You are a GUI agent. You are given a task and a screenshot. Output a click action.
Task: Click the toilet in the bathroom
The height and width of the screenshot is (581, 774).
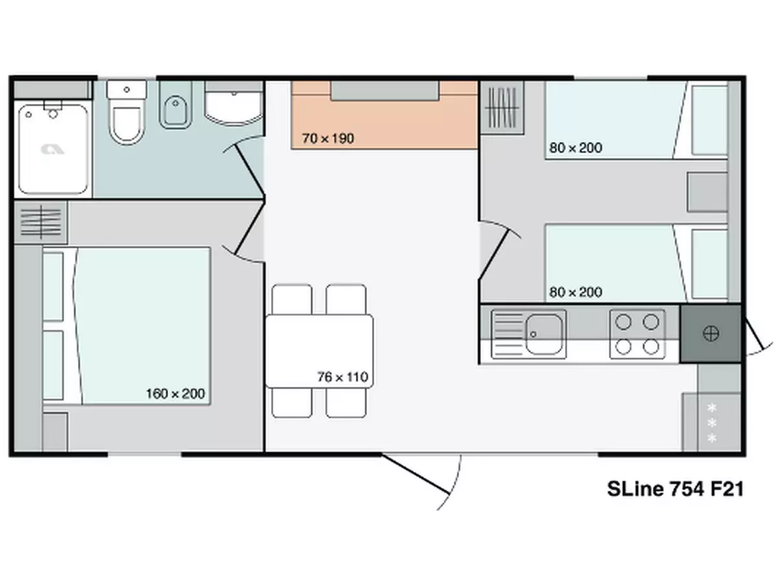click(x=126, y=112)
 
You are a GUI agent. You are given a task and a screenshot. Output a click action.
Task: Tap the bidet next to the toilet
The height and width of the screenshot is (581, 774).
click(x=175, y=105)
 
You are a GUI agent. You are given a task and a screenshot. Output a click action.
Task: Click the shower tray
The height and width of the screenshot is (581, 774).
click(x=53, y=148)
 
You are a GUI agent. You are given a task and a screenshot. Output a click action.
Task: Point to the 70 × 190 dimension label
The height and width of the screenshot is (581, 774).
click(x=328, y=138)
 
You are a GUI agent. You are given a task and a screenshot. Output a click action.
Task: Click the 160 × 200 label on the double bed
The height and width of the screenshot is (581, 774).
click(x=175, y=393)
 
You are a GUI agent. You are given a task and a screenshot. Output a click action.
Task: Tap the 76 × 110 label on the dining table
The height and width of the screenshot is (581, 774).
click(x=342, y=377)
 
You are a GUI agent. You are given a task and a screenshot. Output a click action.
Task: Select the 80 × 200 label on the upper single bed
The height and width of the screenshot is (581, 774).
click(x=575, y=147)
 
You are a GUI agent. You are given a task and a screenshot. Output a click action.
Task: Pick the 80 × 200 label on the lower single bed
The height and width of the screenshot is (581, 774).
click(x=575, y=292)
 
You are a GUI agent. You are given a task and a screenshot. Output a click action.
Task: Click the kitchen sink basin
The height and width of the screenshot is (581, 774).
click(x=543, y=334)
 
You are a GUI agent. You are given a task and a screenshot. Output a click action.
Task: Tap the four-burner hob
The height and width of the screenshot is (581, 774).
click(x=637, y=334)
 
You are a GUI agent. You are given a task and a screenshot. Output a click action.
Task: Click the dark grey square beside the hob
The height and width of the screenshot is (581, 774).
click(x=711, y=333)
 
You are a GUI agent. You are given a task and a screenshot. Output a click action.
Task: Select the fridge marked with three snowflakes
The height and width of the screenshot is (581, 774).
click(x=711, y=422)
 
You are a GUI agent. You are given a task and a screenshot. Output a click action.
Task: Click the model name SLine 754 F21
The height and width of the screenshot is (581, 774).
click(x=675, y=489)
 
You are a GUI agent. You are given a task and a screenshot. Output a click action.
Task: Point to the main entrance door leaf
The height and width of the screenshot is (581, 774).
click(x=416, y=474)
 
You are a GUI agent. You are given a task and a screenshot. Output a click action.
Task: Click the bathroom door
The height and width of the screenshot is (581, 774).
click(x=250, y=170)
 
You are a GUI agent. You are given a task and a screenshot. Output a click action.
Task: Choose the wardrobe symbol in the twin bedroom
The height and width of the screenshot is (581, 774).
click(x=502, y=107)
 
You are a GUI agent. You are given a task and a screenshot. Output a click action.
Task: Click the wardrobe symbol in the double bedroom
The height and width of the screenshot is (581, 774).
click(x=41, y=222)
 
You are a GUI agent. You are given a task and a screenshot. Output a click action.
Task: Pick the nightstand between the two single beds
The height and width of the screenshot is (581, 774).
click(x=707, y=192)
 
